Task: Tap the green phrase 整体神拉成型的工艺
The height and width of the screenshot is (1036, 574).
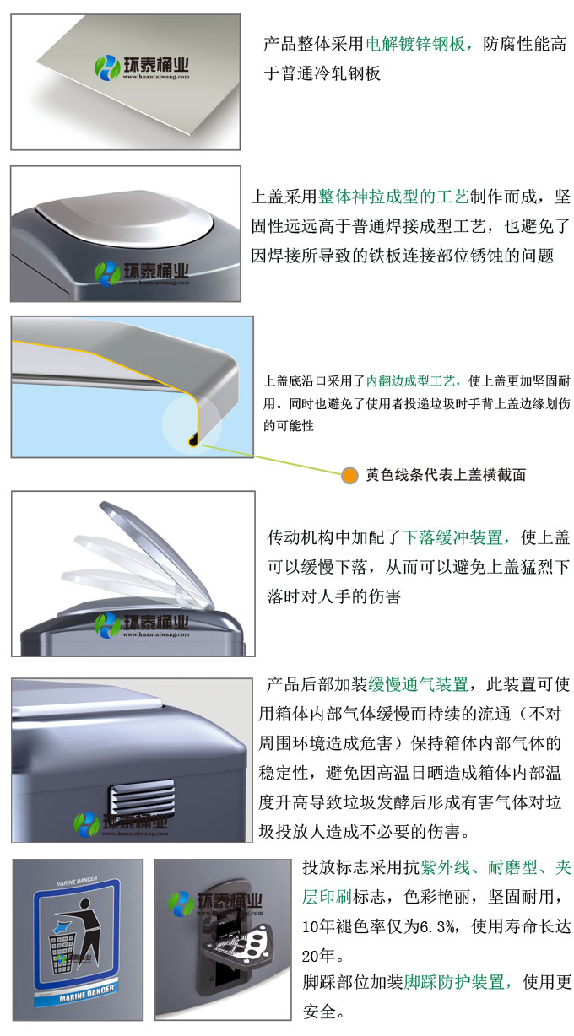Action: pyautogui.click(x=393, y=198)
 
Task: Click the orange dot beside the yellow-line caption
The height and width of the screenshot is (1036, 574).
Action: pyautogui.click(x=349, y=475)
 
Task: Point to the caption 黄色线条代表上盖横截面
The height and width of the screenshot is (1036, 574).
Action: pyautogui.click(x=446, y=475)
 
